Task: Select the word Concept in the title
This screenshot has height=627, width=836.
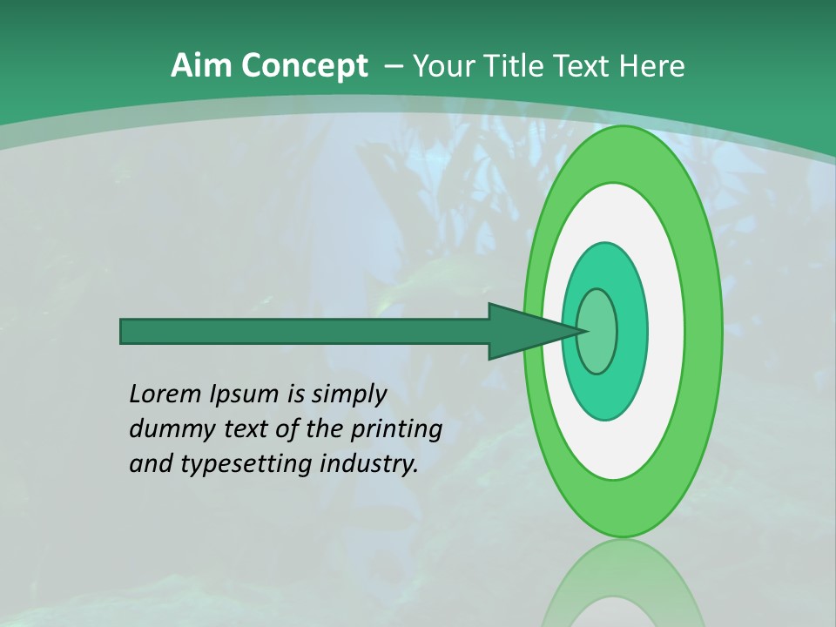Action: tap(304, 66)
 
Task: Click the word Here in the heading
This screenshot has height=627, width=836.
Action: tap(652, 66)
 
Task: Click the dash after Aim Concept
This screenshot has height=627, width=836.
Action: tap(393, 66)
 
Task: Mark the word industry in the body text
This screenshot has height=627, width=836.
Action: tap(368, 464)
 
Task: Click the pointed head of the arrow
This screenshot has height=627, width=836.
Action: tap(531, 331)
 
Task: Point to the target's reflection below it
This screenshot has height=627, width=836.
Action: tap(623, 583)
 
